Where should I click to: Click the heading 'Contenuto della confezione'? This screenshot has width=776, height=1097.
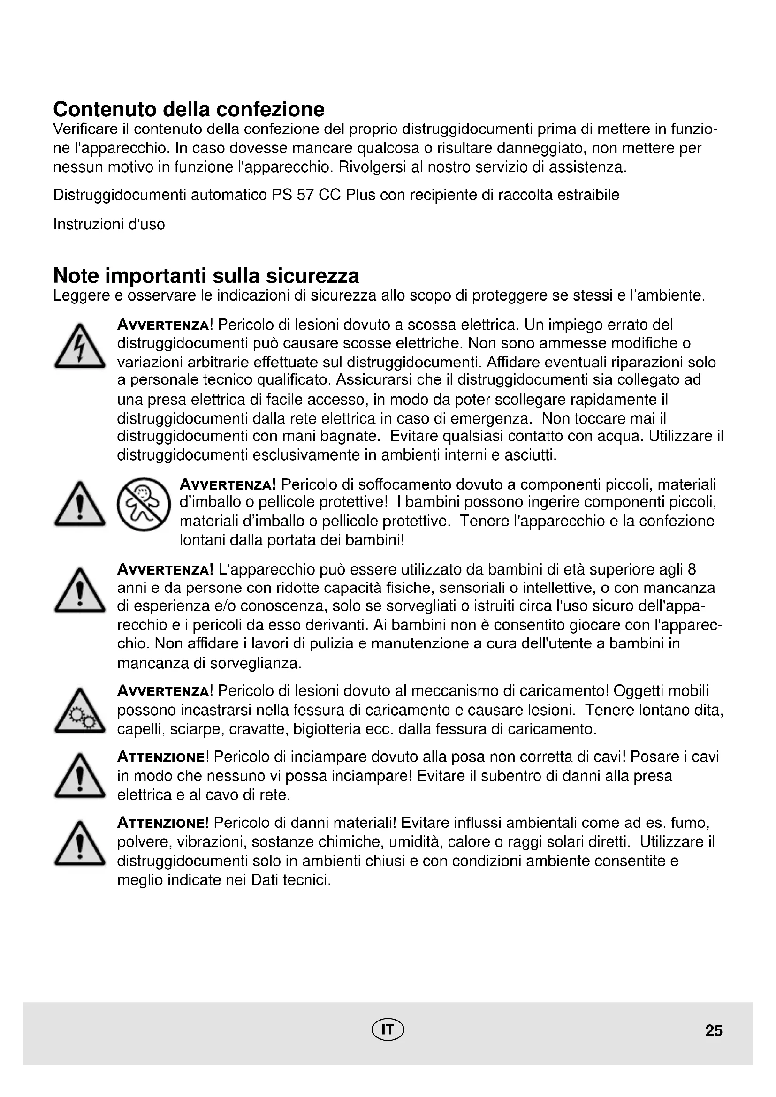tap(189, 109)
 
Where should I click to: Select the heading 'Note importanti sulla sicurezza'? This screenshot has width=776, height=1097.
tap(206, 276)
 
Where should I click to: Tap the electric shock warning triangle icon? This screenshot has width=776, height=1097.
tap(79, 347)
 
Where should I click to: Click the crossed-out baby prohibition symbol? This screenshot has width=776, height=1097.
tap(144, 504)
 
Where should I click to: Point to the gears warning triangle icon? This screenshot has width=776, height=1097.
tap(79, 711)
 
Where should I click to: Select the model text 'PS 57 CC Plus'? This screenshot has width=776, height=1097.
tap(324, 195)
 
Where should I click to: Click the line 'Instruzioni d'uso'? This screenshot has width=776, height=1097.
tap(109, 224)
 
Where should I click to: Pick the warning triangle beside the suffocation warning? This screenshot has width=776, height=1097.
tap(79, 505)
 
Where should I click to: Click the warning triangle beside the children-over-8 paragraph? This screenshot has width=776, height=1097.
tap(79, 590)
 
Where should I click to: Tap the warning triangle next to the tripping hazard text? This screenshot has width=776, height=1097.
tap(79, 776)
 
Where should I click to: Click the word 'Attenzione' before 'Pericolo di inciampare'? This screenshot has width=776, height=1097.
tap(161, 757)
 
